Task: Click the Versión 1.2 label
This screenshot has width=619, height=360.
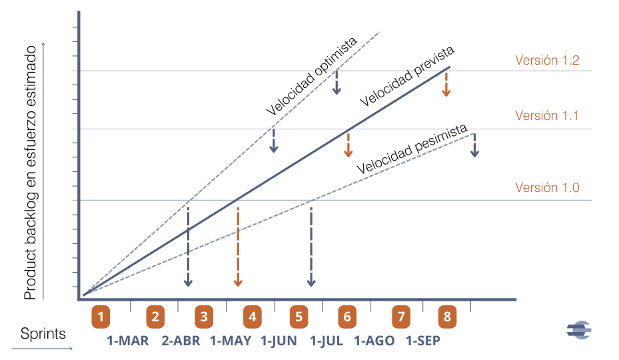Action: [x=547, y=60]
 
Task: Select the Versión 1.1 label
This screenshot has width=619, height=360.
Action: [x=547, y=115]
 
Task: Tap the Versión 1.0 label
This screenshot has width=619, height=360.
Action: [x=547, y=187]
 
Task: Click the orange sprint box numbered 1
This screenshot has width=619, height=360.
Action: [x=101, y=317]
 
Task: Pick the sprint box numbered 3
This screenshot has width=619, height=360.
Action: [x=204, y=317]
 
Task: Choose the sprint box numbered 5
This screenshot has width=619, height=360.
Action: [x=299, y=317]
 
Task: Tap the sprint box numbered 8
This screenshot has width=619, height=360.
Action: [x=447, y=317]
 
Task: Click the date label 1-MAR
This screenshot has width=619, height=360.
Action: [x=128, y=341]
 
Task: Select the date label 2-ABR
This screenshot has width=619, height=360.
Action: [x=181, y=341]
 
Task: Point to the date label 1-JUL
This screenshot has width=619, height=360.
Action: [x=326, y=341]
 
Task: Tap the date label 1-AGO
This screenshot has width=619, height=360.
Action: [x=374, y=341]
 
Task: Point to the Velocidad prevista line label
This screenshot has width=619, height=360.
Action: [x=408, y=77]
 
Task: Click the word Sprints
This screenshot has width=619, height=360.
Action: [x=43, y=333]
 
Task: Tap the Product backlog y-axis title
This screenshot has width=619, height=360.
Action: [x=30, y=177]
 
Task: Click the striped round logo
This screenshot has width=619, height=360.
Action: [x=579, y=329]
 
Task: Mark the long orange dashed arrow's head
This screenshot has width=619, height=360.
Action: [x=238, y=283]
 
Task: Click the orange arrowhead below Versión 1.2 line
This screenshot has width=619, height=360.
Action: [x=446, y=93]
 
